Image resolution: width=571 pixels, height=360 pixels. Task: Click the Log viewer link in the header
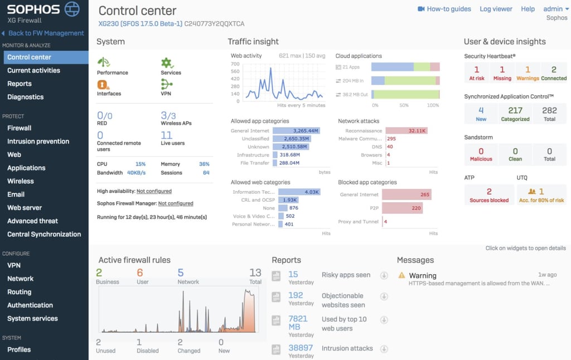(496, 9)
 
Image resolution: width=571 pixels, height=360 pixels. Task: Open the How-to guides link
(444, 9)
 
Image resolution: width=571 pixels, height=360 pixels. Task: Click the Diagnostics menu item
(25, 97)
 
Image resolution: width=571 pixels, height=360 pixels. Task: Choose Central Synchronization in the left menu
(44, 234)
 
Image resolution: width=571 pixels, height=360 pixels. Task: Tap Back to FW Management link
(46, 33)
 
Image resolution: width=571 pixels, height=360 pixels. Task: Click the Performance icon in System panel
(104, 62)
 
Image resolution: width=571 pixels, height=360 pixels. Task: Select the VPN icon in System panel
(166, 84)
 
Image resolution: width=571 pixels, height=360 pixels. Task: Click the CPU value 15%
(140, 164)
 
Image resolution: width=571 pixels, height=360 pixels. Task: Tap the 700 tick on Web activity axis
(235, 64)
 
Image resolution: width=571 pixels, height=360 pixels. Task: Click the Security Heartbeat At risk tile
(476, 72)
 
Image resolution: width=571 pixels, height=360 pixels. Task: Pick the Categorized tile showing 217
(515, 114)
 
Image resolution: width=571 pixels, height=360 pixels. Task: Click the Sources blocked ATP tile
(489, 194)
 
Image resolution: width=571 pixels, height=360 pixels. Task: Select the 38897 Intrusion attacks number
(301, 348)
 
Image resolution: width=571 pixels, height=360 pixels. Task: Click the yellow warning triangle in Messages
(401, 275)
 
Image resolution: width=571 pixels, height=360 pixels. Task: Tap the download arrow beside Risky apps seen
(384, 275)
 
